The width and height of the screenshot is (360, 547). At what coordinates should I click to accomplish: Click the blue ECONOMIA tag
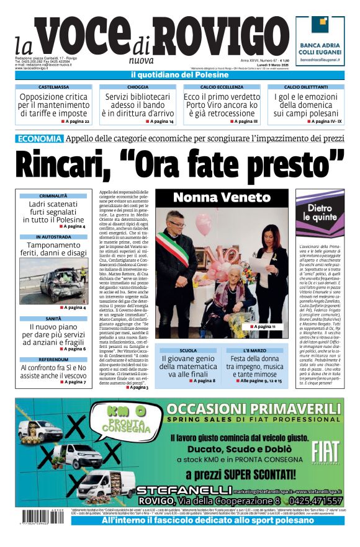(x=38, y=138)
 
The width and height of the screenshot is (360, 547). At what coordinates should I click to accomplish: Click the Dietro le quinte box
(x=320, y=213)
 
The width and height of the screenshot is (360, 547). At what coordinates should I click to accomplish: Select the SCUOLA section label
(x=187, y=350)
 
